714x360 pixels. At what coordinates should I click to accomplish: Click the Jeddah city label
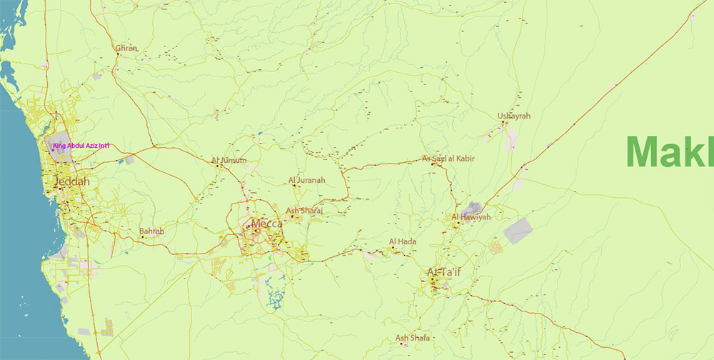[x=72, y=182]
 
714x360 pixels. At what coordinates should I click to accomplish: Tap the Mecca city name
[x=266, y=224]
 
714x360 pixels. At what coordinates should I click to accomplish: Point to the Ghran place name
[x=126, y=49]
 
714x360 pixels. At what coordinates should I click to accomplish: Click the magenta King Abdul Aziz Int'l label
[x=81, y=146]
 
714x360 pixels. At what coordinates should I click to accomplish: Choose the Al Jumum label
[x=229, y=161]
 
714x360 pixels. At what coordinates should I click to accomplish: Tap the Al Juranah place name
[x=306, y=181]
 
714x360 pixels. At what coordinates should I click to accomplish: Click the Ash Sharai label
[x=304, y=211]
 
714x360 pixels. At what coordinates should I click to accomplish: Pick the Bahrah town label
[x=151, y=231]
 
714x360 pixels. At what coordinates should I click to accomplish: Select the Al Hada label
[x=403, y=241]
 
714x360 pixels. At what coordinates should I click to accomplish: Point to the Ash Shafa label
[x=413, y=338]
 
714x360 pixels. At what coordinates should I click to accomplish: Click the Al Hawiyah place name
[x=471, y=216]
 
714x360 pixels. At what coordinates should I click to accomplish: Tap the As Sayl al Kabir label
[x=449, y=159]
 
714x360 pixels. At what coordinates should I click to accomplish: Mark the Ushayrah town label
[x=514, y=116]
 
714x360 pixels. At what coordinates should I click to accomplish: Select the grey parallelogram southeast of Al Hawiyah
[x=518, y=231]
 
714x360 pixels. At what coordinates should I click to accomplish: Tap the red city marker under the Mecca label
[x=255, y=231]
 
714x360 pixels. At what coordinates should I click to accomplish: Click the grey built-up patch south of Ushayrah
[x=511, y=139]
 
